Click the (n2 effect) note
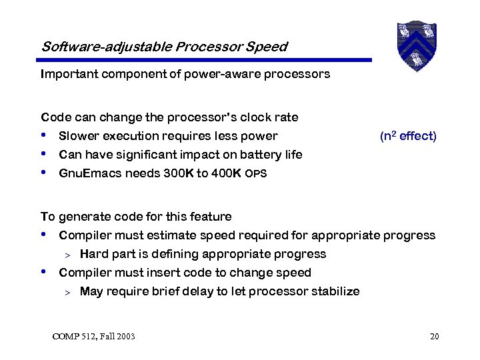pyautogui.click(x=408, y=136)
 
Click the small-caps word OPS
pyautogui.click(x=256, y=174)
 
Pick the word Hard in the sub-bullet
pyautogui.click(x=93, y=254)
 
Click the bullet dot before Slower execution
pyautogui.click(x=44, y=136)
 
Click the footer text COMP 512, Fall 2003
pyautogui.click(x=93, y=336)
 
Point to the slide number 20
pyautogui.click(x=435, y=336)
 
